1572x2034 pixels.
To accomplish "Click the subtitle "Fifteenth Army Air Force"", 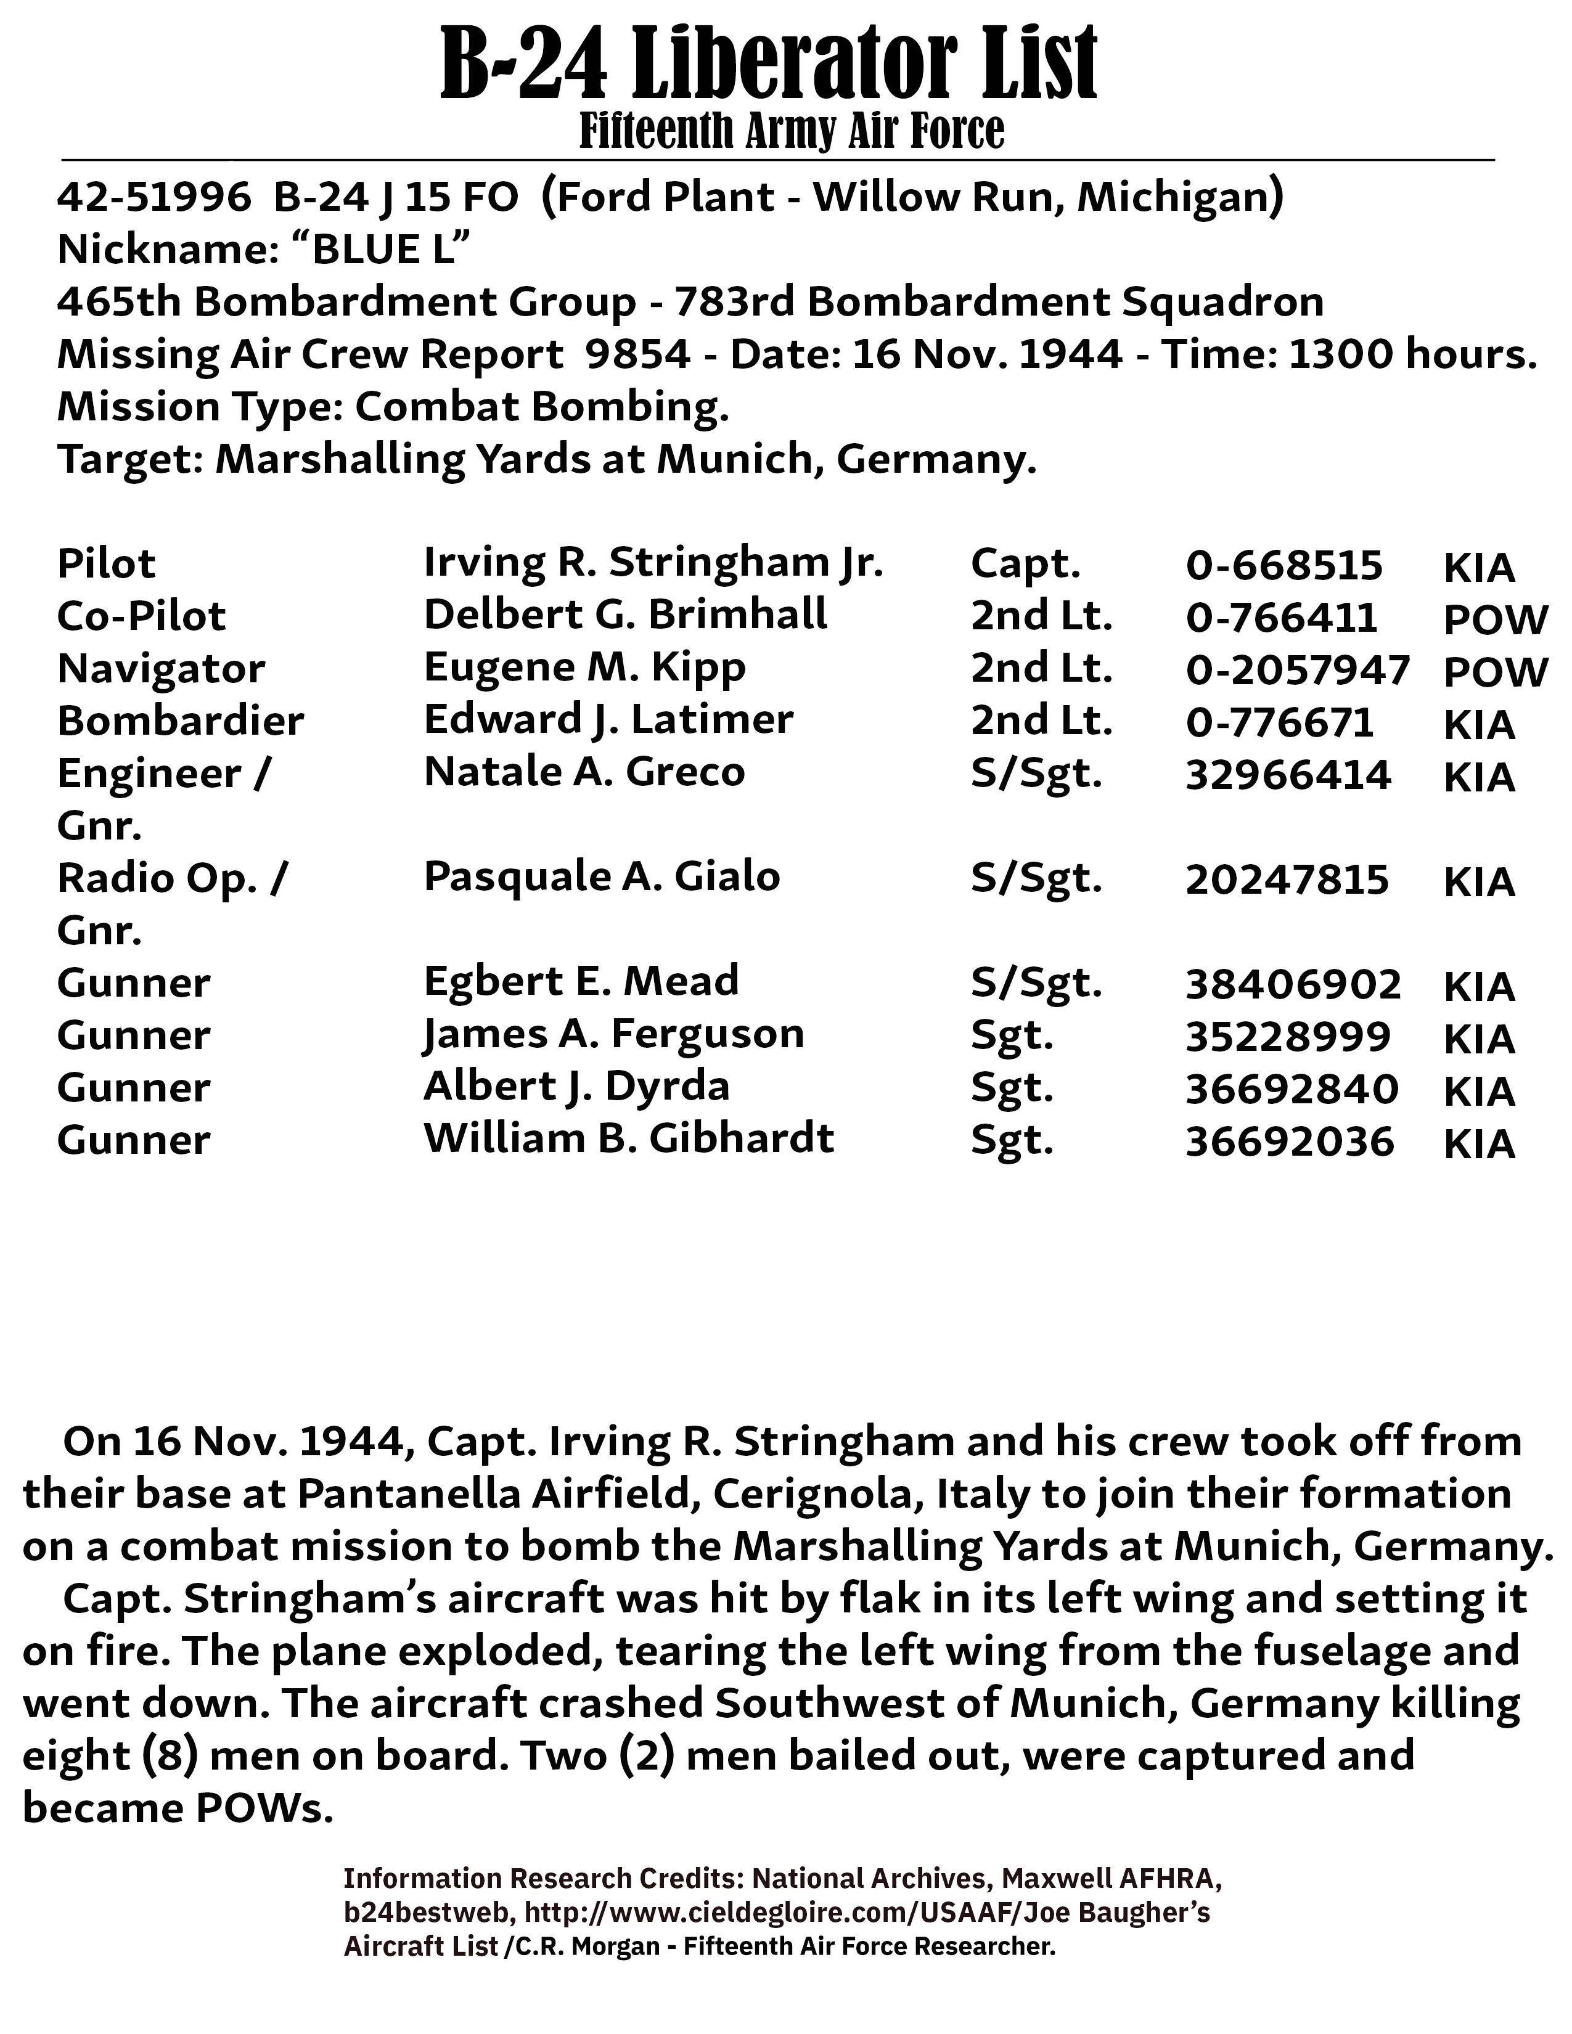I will (792, 131).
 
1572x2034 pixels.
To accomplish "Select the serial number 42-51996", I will (154, 197).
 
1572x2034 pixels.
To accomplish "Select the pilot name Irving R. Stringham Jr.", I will (653, 563).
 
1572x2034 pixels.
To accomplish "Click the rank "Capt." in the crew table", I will (1025, 563).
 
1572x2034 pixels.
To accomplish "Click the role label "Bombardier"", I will (181, 721).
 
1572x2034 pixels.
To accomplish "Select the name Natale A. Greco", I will (584, 772).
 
